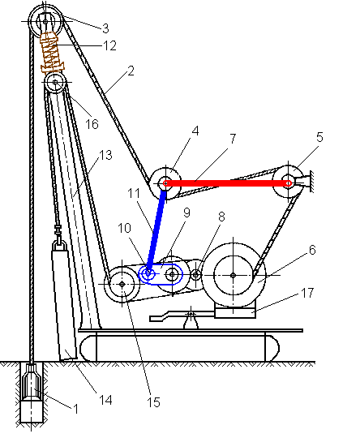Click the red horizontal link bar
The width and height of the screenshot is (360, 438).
point(228,183)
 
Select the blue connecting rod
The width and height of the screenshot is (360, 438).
point(156,231)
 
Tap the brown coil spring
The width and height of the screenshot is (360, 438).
point(52,53)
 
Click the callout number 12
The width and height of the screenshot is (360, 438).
point(109,45)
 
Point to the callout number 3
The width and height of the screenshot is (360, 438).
point(105,28)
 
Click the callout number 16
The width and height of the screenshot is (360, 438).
point(92,124)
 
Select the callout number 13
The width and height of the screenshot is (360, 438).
point(105,155)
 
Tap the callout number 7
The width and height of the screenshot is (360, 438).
point(233,139)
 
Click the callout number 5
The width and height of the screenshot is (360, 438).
point(319,137)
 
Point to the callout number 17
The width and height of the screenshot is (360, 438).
point(307,293)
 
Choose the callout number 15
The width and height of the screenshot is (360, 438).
point(153,402)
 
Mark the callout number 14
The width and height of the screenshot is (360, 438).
point(105,400)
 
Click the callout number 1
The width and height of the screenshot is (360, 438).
point(75,409)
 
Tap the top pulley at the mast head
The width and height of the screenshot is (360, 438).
point(45,21)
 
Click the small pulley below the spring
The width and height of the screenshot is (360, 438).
point(55,83)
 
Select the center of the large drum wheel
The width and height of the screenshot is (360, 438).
point(234,275)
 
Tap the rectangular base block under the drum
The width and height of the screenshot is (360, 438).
point(235,311)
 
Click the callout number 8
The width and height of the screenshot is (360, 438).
point(221,217)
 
